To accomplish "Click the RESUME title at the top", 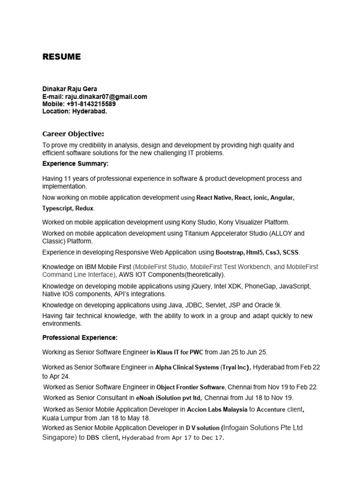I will [61, 57].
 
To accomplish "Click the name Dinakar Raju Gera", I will [70, 89].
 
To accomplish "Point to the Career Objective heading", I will [73, 134].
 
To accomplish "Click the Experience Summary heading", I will [75, 164].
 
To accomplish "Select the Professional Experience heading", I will [80, 337].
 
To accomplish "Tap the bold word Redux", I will [84, 208].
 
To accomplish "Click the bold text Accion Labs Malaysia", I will [217, 409].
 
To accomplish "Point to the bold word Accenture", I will [271, 409].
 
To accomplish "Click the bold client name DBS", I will [94, 438].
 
